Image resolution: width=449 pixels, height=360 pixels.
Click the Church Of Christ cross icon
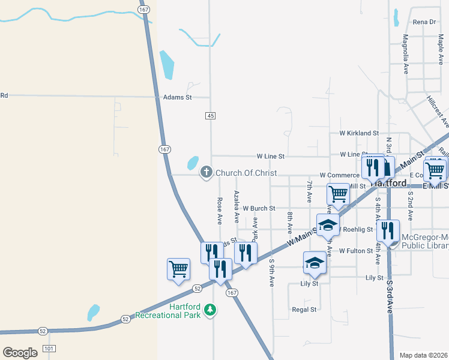point(206,173)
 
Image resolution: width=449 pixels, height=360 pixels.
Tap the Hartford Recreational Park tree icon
point(209,310)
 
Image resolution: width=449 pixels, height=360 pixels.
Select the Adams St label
point(177,97)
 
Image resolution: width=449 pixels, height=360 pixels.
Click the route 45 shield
point(210,116)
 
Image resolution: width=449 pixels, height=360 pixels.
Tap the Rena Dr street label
point(424,22)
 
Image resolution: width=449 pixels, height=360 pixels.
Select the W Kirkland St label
point(359,133)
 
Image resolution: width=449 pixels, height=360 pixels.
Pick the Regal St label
point(304,310)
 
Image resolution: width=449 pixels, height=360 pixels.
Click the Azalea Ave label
point(237,206)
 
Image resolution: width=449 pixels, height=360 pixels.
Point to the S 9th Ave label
point(272,272)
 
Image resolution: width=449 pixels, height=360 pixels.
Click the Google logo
point(20,353)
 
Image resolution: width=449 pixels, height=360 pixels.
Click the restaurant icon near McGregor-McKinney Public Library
point(389,230)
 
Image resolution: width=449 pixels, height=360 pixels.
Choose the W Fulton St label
point(356,251)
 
